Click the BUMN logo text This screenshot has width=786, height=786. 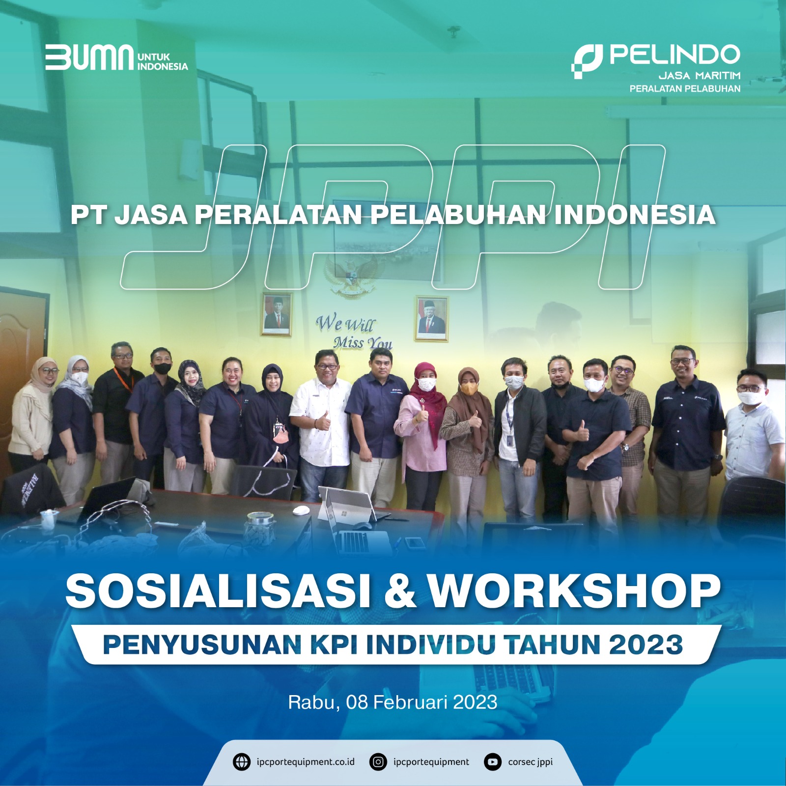89,57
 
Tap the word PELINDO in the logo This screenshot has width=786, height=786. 675,54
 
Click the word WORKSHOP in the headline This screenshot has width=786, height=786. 574,591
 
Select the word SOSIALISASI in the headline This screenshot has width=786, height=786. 218,591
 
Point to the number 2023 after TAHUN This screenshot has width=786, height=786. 646,645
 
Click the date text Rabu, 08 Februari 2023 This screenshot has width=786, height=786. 393,702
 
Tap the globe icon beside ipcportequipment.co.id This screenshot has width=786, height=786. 241,762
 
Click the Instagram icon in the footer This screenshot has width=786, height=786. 378,762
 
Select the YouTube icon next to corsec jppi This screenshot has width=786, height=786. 492,762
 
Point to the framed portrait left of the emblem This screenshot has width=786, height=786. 277,314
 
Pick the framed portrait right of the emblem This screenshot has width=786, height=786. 432,318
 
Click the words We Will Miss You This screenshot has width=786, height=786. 354,332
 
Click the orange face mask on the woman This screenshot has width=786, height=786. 468,388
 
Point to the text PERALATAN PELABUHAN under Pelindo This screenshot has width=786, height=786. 685,88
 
